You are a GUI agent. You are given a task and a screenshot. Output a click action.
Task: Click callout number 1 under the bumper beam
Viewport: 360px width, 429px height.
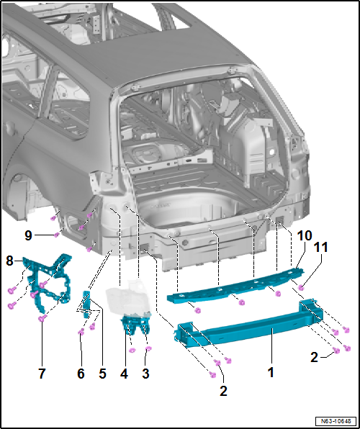point(271,373)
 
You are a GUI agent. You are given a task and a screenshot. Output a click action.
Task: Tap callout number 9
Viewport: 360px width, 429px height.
point(27,234)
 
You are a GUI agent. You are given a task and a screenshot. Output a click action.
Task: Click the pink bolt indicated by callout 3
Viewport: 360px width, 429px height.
point(148,349)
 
